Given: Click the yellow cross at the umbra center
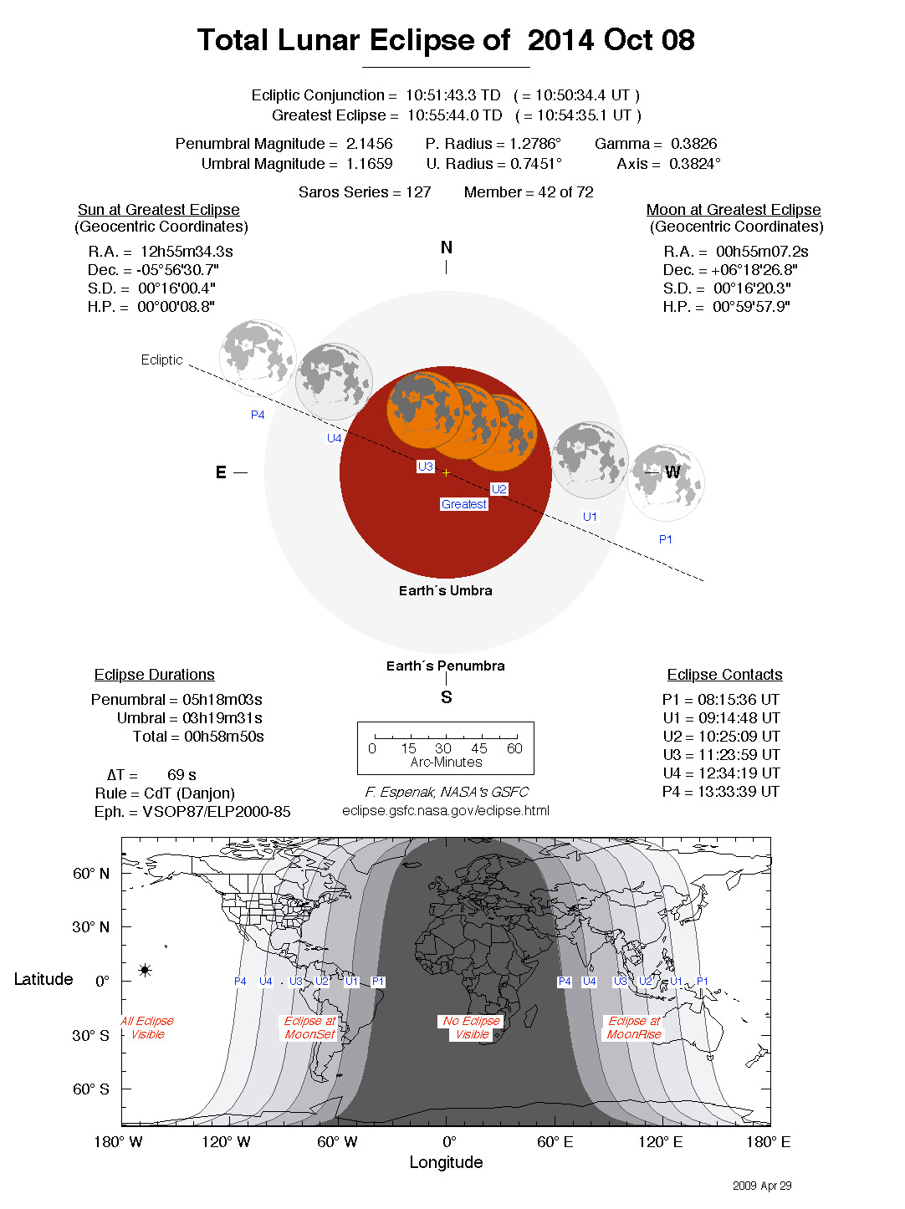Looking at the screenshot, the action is [446, 472].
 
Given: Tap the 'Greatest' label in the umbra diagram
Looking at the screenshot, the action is [464, 504].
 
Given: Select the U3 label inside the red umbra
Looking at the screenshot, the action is [425, 467].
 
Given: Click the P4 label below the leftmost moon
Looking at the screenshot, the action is [258, 415].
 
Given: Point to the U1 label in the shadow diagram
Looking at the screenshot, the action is [590, 517].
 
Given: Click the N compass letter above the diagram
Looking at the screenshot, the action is [446, 247].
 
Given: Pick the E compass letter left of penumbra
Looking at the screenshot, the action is [221, 472].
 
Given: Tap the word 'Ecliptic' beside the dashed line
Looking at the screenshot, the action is [161, 360].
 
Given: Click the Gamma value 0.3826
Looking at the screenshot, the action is [693, 144].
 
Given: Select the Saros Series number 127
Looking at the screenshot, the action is [418, 192].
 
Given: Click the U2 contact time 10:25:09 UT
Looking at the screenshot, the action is [739, 737].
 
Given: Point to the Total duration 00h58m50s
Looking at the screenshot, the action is [223, 737].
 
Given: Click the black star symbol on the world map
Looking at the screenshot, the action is [145, 970].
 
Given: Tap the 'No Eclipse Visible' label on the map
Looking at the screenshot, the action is [472, 1028].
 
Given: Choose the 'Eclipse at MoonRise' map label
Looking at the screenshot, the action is [633, 1028].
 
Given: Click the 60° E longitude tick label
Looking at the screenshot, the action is [555, 1142].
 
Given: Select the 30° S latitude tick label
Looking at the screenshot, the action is [90, 1035].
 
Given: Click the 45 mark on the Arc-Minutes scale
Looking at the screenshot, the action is [478, 748].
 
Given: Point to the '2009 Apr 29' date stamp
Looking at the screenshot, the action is [762, 1186].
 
